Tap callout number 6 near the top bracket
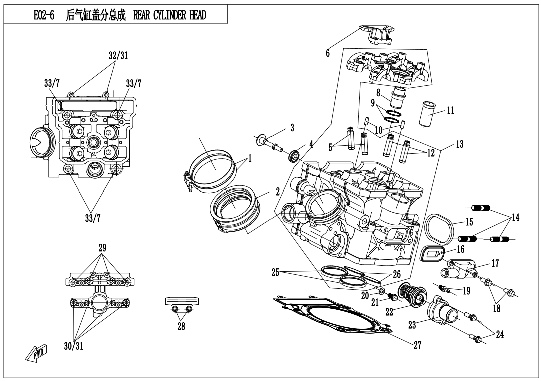click(328, 53)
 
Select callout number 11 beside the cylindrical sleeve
click(450, 110)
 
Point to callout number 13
click(459, 144)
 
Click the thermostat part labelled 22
click(412, 293)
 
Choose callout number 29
click(102, 248)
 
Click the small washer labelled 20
click(382, 291)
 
